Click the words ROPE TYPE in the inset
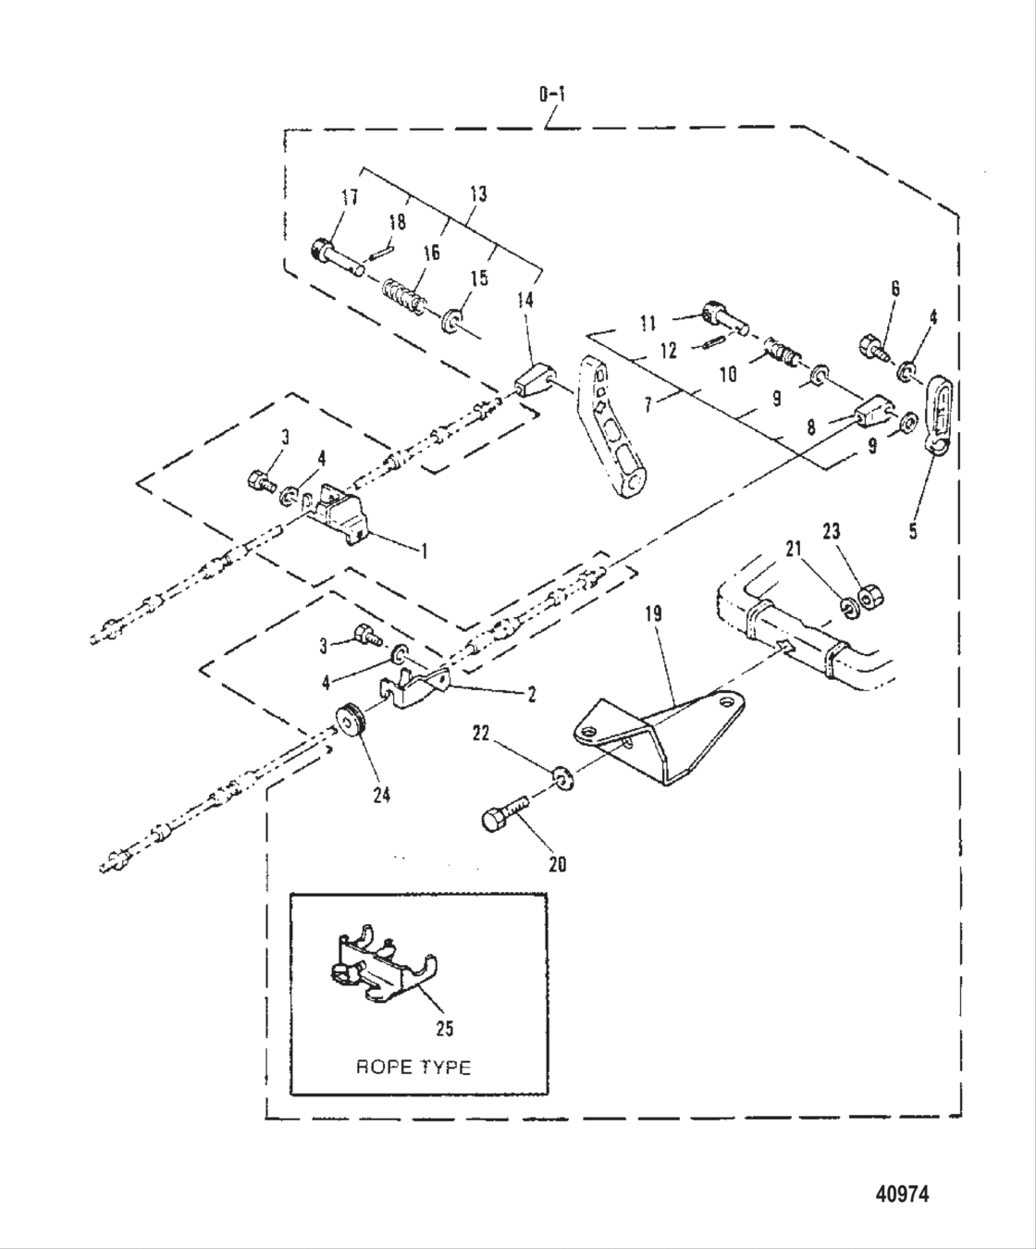tap(413, 1067)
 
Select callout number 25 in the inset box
tap(444, 1028)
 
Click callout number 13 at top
tap(478, 194)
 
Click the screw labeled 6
tap(872, 346)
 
